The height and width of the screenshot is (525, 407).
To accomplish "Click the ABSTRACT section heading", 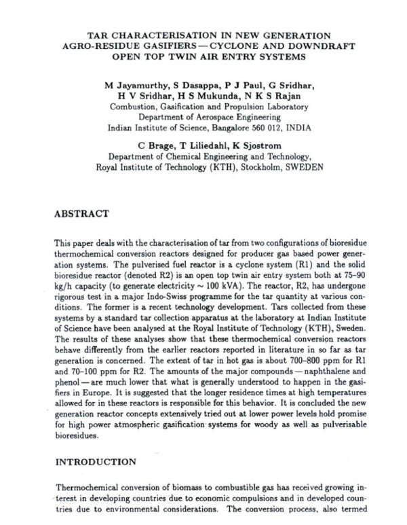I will (81, 213).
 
